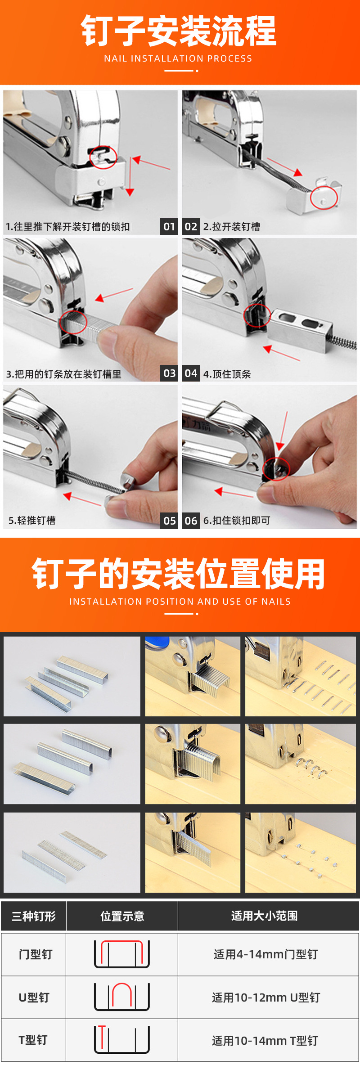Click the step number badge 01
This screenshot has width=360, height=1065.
[169, 226]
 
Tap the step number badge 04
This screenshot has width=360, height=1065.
[191, 373]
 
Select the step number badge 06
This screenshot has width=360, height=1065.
[191, 521]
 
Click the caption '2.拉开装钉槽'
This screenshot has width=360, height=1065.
[232, 226]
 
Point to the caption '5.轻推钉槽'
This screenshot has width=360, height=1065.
[32, 521]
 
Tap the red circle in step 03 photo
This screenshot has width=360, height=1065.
[73, 322]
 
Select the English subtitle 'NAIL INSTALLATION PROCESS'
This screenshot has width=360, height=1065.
[178, 58]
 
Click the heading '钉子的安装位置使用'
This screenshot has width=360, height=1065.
[179, 574]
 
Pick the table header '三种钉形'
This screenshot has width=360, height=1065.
[34, 916]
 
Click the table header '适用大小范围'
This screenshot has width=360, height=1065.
[264, 916]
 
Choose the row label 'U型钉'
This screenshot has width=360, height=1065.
[34, 997]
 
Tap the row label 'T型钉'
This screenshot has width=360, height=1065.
[33, 1040]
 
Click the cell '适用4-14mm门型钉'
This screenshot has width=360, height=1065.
[265, 954]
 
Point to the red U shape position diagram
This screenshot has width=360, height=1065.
[122, 996]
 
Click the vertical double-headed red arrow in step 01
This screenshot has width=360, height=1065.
[130, 176]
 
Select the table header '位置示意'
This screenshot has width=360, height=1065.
[122, 916]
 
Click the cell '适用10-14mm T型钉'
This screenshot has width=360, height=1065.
[265, 1040]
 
